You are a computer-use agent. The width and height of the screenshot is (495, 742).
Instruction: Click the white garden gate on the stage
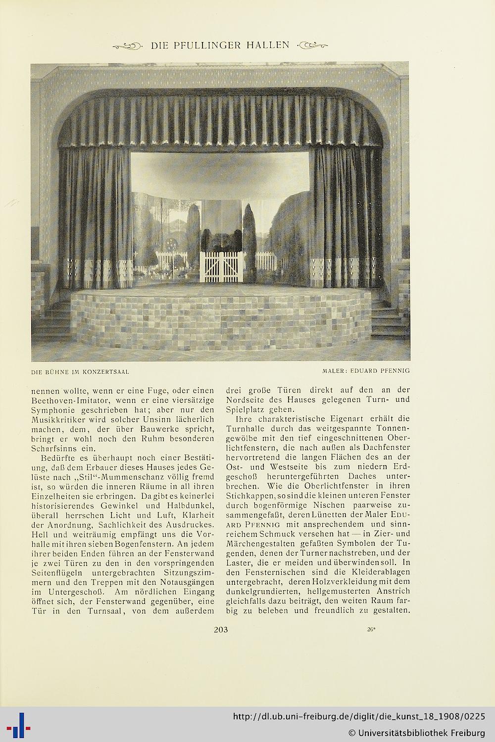(221, 267)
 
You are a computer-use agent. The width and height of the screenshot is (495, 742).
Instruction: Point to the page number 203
(220, 629)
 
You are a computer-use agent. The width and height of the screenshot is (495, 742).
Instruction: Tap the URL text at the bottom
(359, 717)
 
